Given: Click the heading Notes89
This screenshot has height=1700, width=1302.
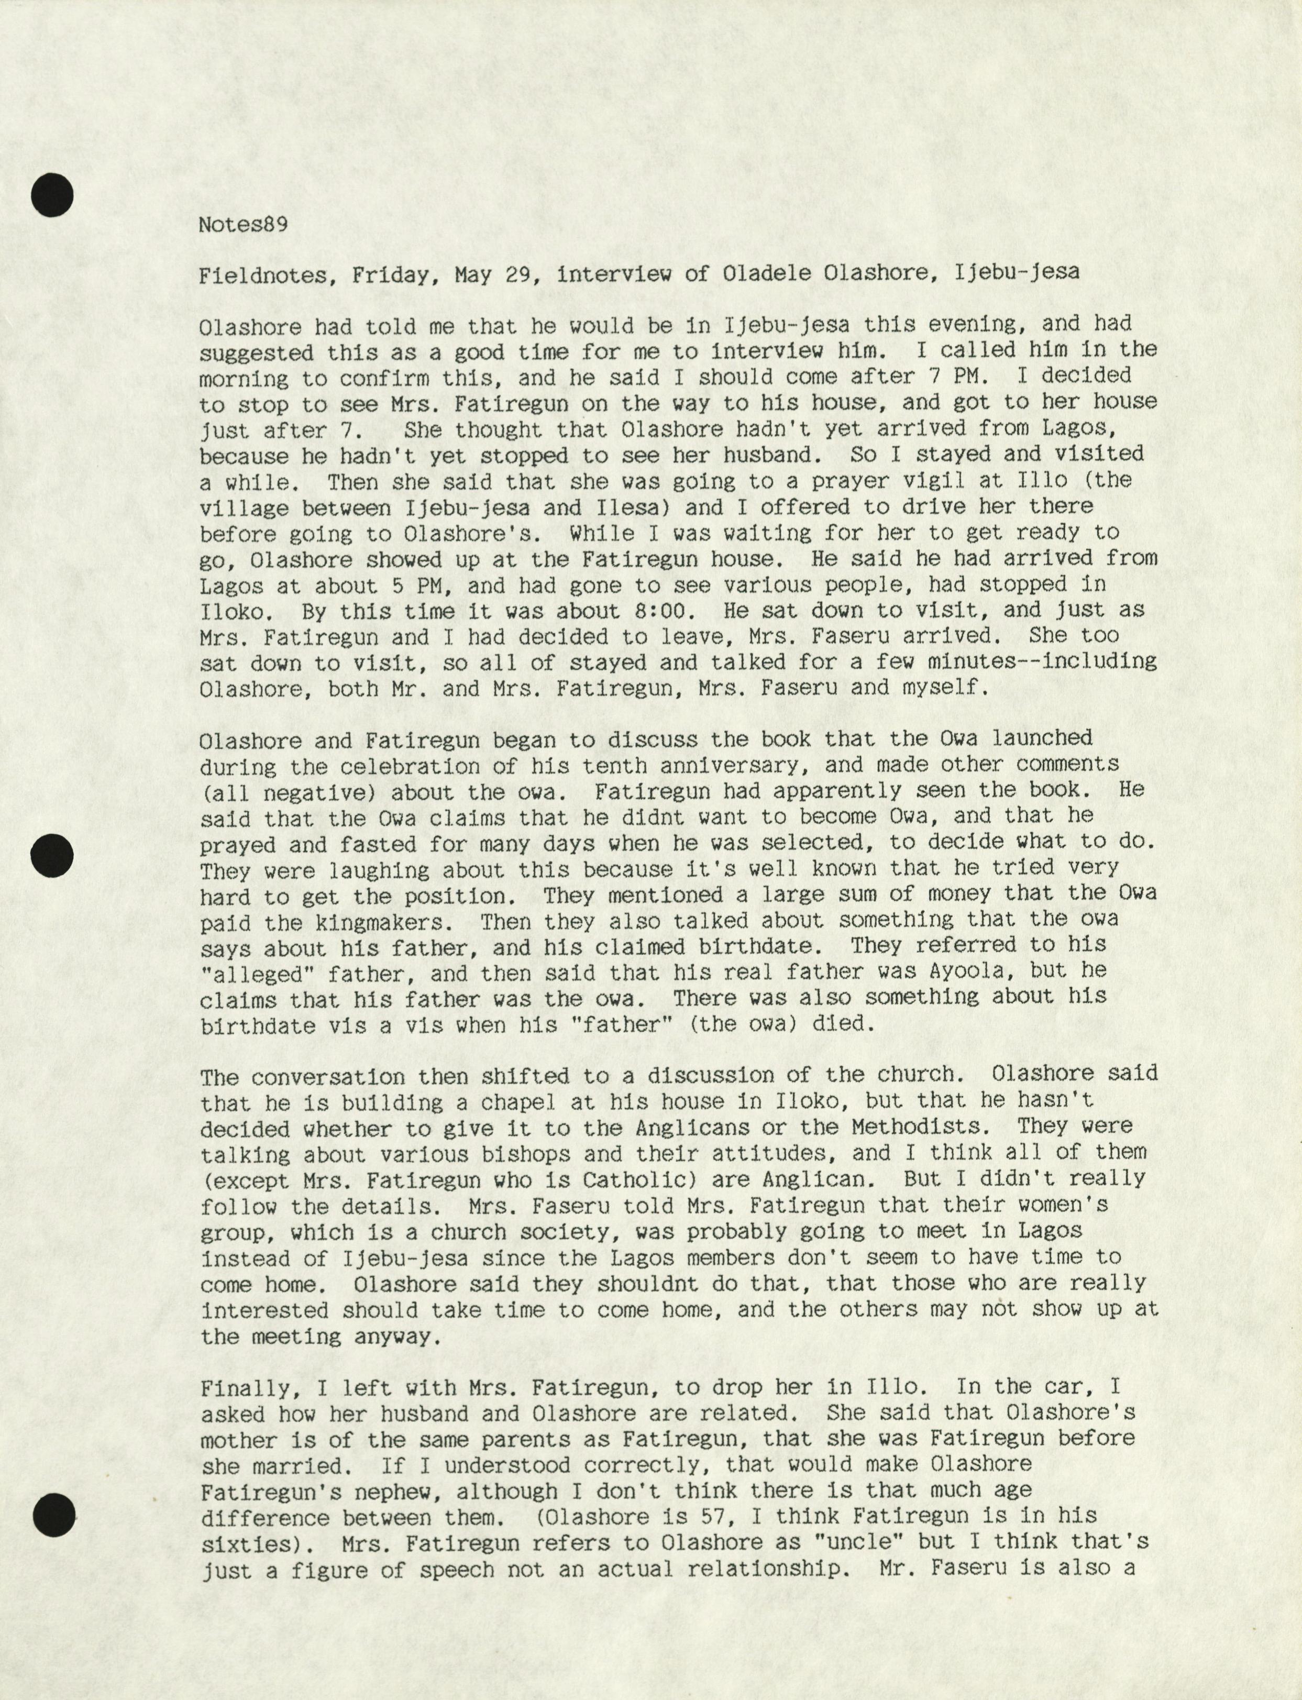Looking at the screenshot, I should pos(244,225).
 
